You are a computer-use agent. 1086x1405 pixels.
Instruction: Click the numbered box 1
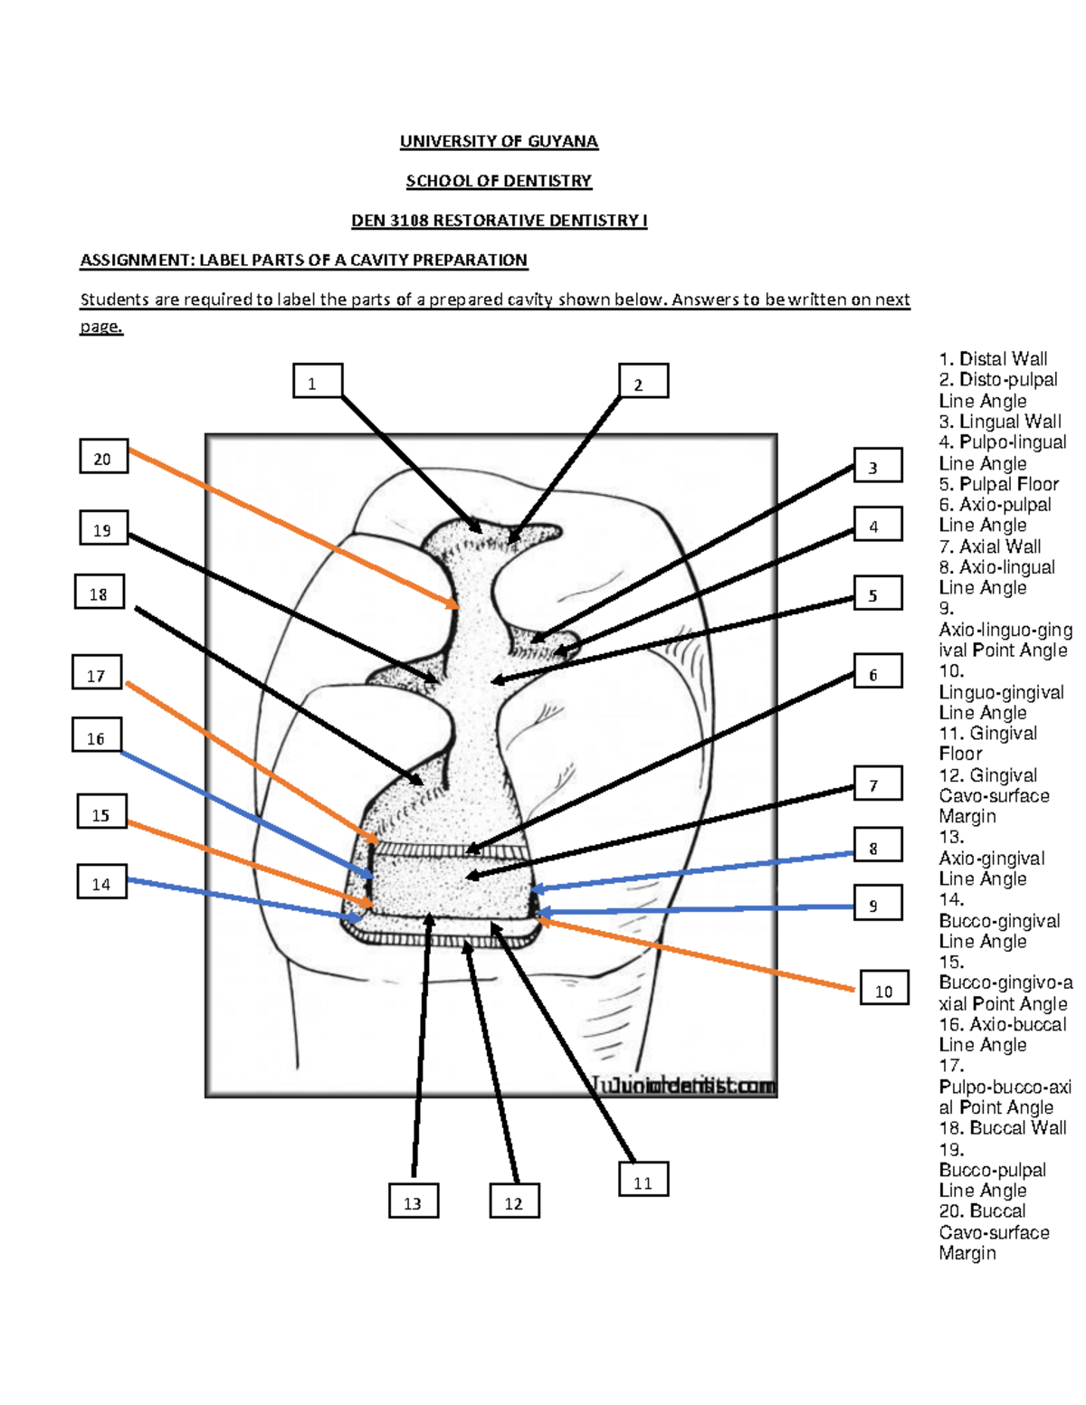(317, 382)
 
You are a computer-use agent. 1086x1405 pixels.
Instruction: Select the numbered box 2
(643, 382)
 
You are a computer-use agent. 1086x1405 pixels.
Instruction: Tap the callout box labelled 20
(103, 458)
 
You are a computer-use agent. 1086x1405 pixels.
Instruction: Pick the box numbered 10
(883, 990)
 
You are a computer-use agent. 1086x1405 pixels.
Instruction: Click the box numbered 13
(414, 1202)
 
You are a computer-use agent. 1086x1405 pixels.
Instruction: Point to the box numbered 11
(643, 1182)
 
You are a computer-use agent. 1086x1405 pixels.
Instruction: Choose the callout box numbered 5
(877, 594)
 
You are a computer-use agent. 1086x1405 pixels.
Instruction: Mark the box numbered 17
(96, 674)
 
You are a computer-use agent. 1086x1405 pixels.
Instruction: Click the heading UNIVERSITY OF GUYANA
(499, 141)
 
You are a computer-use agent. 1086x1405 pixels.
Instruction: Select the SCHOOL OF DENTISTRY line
(499, 181)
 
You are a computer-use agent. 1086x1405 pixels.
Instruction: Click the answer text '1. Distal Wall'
(993, 359)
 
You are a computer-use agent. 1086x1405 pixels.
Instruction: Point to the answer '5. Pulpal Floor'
(998, 484)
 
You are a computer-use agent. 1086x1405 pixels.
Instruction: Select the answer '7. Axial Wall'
(989, 546)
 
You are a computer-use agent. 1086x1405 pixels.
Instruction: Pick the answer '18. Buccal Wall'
(1002, 1128)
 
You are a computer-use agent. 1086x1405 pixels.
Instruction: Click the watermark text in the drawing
(684, 1086)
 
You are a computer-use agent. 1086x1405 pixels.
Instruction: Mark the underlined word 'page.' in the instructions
(100, 327)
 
